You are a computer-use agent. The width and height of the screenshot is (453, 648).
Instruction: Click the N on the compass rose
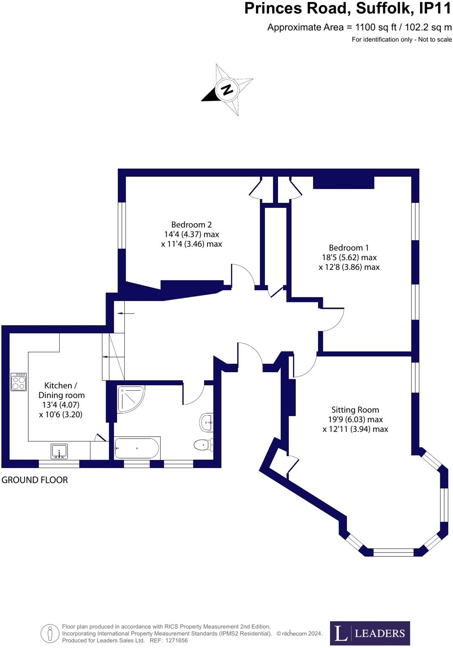[227, 90]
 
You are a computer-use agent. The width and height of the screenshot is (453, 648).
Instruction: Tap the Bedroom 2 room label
[191, 225]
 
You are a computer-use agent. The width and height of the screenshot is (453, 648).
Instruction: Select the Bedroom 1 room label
[349, 248]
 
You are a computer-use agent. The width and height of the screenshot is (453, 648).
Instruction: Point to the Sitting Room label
[355, 410]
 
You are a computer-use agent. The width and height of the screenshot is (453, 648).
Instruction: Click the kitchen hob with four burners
[19, 382]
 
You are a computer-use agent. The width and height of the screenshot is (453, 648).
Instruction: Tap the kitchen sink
[59, 451]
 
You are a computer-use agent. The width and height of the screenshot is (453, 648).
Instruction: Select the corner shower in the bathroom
[130, 398]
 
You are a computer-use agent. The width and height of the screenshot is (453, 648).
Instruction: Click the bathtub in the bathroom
[137, 448]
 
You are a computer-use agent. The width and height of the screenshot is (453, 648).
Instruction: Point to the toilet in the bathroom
[204, 445]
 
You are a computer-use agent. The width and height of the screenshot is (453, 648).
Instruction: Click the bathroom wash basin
[206, 422]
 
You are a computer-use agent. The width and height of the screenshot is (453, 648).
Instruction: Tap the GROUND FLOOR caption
[35, 480]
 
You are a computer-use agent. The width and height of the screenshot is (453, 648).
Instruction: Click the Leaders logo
[370, 633]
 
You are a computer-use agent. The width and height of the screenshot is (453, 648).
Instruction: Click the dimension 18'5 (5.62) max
[349, 257]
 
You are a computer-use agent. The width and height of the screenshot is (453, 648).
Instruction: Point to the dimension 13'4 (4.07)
[61, 405]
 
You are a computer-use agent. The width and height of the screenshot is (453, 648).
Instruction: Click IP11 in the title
[435, 8]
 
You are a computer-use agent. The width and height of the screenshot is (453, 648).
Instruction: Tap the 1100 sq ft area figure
[376, 27]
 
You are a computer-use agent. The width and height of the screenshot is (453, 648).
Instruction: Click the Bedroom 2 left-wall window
[122, 226]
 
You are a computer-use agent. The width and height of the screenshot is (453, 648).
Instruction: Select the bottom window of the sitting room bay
[393, 552]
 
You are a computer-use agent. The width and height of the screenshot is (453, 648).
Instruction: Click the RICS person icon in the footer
[50, 634]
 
